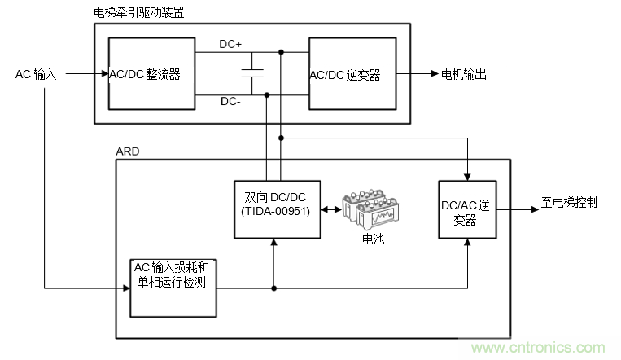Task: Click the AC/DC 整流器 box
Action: pyautogui.click(x=152, y=74)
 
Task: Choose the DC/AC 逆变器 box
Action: pyautogui.click(x=466, y=209)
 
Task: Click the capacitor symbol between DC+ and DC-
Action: pyautogui.click(x=254, y=74)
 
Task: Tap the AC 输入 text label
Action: pyautogui.click(x=37, y=74)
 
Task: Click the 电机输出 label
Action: pyautogui.click(x=464, y=74)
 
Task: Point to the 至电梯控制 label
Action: pyautogui.click(x=569, y=202)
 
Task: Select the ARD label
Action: pyautogui.click(x=129, y=151)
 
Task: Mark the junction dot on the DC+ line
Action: pyautogui.click(x=281, y=53)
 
